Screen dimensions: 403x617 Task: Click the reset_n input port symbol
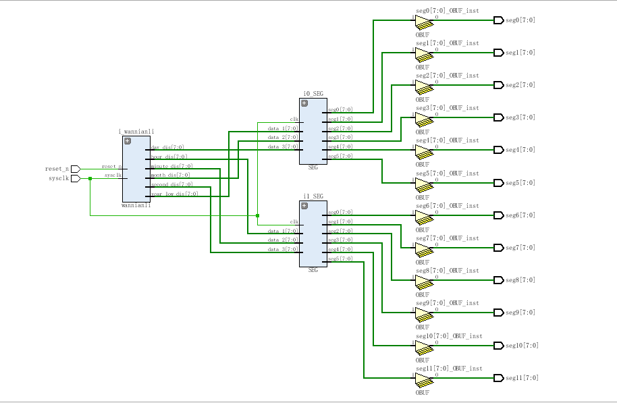pos(75,168)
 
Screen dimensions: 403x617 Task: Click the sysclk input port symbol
pos(75,178)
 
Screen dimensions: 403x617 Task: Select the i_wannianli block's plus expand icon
pos(128,140)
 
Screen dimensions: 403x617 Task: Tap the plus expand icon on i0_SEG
pos(304,103)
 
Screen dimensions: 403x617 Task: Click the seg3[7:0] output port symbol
pos(498,117)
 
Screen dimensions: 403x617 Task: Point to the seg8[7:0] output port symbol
pos(498,280)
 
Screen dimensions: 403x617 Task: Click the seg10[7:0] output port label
pos(522,346)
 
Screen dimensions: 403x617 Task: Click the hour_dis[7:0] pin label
pos(169,157)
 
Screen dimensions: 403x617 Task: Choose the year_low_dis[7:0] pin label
pos(174,194)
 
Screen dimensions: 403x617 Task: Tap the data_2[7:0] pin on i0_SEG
pos(282,137)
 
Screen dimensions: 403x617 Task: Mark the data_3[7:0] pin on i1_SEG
pos(282,249)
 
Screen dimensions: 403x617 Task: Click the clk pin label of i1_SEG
pos(294,221)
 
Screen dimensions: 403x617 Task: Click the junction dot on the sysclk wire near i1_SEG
pos(258,215)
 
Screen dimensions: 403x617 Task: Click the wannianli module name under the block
pos(136,205)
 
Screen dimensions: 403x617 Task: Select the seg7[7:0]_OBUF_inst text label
pos(447,238)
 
